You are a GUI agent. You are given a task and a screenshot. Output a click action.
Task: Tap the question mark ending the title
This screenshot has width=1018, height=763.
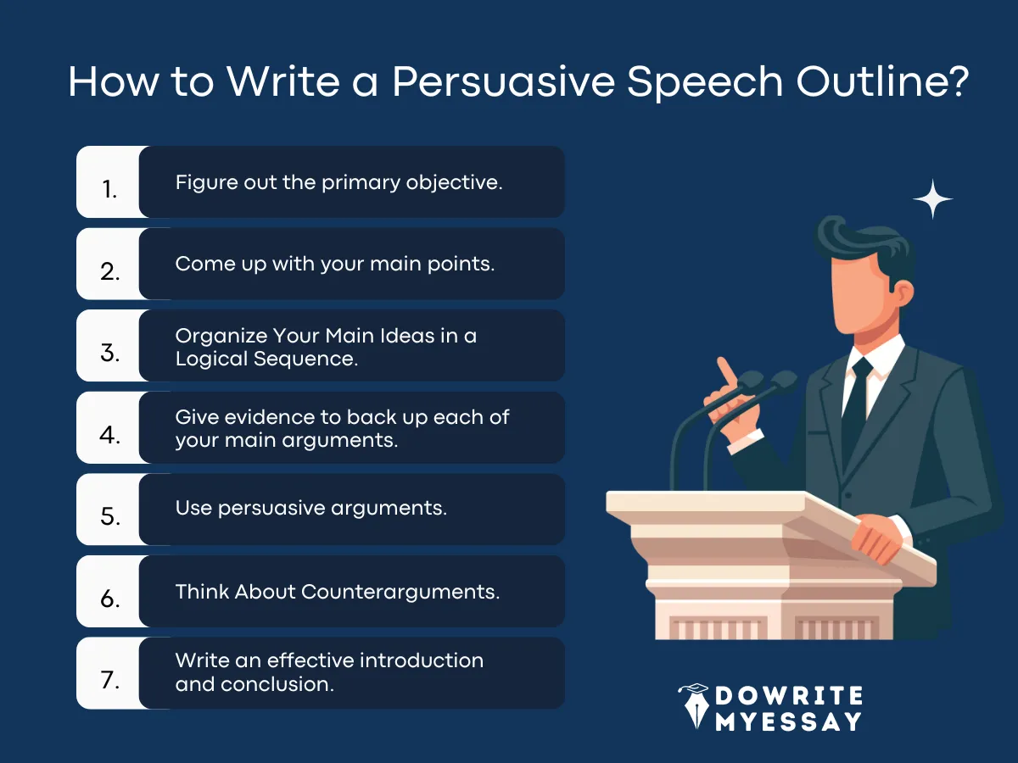point(957,82)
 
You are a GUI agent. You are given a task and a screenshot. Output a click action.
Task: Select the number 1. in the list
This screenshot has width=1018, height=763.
point(109,189)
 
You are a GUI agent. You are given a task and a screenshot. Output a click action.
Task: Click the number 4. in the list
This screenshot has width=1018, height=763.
point(109,435)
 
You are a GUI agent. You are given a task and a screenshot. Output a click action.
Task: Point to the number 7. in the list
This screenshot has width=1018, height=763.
point(109,681)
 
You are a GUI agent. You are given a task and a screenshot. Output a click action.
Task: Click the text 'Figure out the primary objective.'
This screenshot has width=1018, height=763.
point(338,181)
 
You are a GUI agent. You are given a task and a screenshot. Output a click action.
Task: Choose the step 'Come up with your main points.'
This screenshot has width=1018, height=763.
point(334,264)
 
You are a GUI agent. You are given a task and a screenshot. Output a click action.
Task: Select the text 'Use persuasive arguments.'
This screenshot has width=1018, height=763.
point(310,508)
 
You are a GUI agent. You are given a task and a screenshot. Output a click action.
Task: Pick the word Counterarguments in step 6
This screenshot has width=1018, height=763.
point(400,591)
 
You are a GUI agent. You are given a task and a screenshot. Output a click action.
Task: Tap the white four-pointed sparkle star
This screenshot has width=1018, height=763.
point(932,200)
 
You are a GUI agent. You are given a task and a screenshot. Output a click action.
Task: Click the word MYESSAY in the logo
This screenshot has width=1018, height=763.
point(788,722)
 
